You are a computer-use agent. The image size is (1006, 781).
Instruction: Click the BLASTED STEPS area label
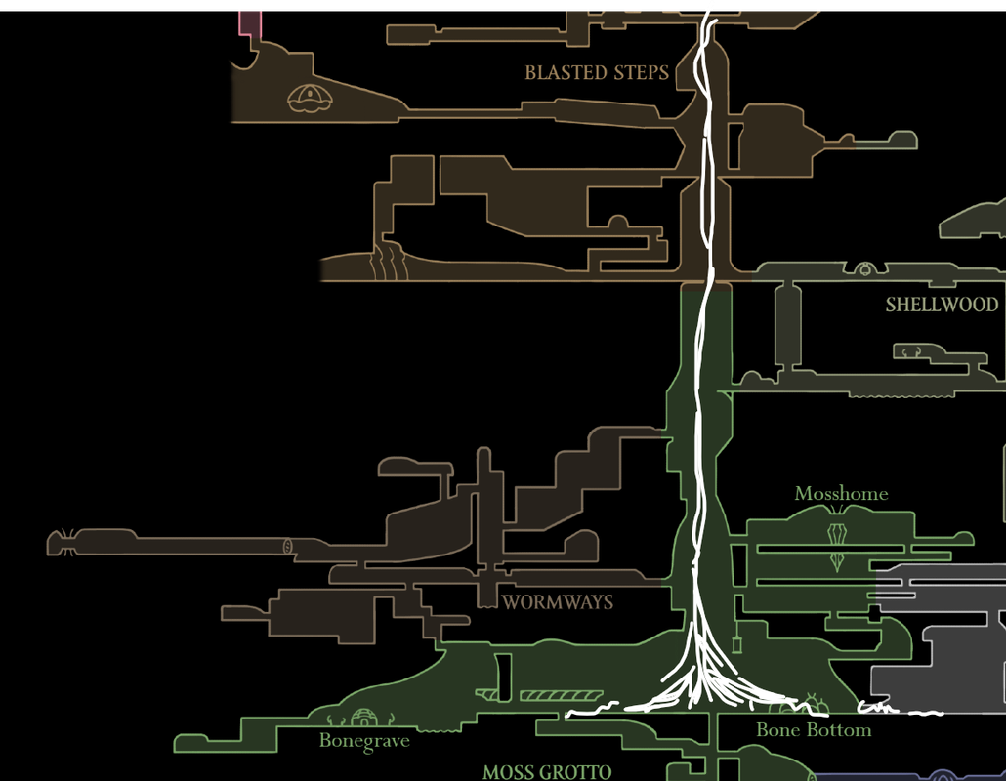(x=597, y=73)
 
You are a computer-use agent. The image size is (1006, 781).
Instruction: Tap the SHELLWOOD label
(x=942, y=305)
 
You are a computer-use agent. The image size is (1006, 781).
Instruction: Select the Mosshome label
(x=841, y=494)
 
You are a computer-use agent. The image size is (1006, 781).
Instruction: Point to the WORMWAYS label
(x=558, y=602)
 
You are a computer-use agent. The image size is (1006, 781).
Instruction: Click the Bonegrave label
(x=364, y=741)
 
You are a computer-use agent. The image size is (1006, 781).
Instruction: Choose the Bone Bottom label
(x=814, y=730)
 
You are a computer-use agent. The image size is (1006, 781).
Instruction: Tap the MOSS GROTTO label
(x=547, y=772)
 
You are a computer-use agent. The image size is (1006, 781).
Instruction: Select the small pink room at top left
(x=250, y=21)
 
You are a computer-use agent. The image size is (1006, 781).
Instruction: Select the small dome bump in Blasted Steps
(x=617, y=222)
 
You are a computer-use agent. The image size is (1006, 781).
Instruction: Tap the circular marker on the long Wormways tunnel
(x=287, y=545)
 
